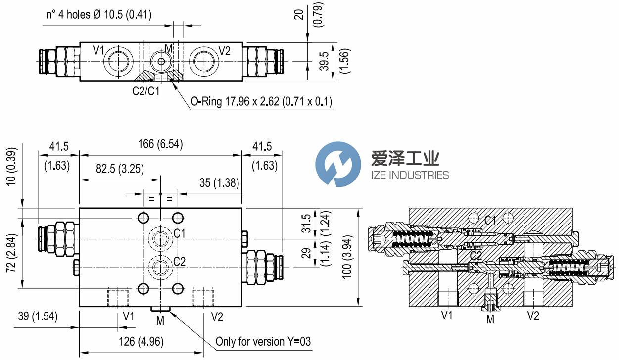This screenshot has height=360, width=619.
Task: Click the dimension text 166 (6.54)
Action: pos(161,144)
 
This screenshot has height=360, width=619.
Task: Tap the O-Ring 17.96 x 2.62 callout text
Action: pos(261,102)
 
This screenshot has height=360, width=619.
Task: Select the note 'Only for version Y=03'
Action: pos(263,342)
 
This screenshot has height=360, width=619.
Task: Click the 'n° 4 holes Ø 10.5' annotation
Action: pos(99,15)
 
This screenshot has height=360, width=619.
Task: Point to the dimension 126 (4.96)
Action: pos(141,342)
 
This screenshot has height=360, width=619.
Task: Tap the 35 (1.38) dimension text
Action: pos(220,183)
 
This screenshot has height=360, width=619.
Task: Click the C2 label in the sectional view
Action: pos(476,255)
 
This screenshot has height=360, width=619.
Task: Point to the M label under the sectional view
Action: pos(490,319)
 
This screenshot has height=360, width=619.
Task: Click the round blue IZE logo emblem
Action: pos(338,164)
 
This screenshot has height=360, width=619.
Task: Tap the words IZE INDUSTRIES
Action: pos(410,175)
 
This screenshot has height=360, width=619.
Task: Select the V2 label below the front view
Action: pos(217,316)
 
